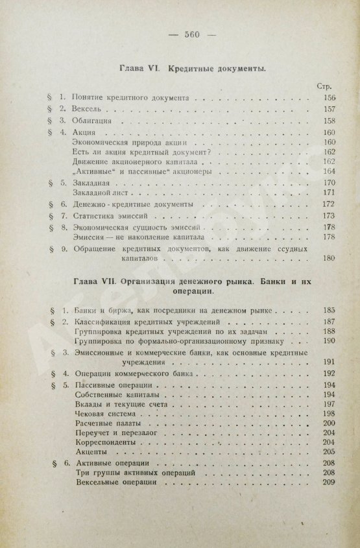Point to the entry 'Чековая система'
coord(106,414)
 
